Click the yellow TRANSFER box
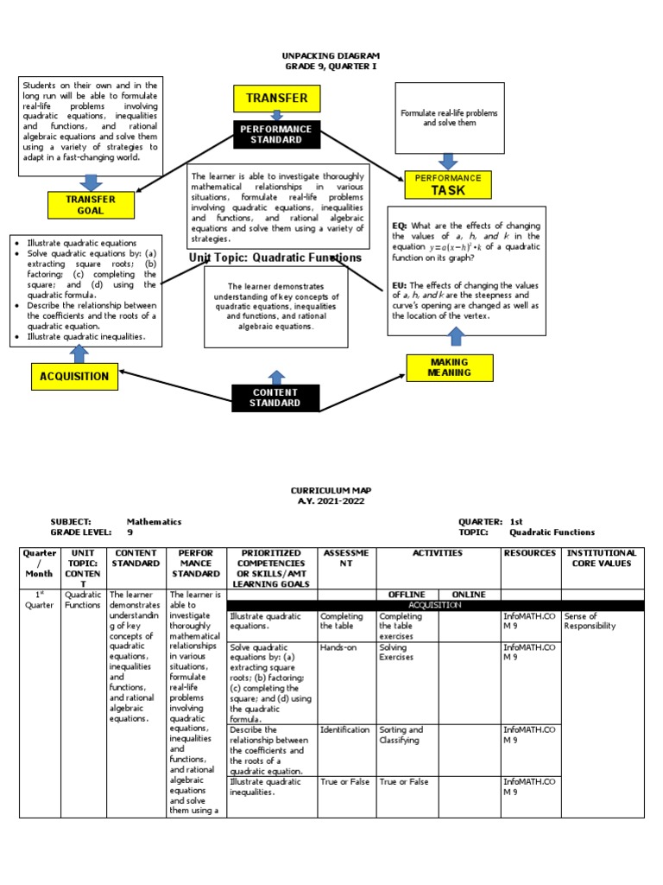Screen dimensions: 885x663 [276, 99]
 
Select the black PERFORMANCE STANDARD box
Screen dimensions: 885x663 [276, 134]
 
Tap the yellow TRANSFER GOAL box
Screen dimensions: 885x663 [91, 205]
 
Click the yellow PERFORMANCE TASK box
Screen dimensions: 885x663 [448, 185]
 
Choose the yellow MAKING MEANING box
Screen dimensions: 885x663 [449, 367]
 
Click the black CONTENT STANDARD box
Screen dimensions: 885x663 [276, 398]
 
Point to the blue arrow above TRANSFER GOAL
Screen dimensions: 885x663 [91, 181]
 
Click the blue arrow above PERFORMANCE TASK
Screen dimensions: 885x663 [448, 161]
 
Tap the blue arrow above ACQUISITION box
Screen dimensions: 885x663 [79, 354]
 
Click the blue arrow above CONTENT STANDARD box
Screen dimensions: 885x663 [276, 377]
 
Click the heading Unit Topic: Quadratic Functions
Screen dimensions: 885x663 [275, 258]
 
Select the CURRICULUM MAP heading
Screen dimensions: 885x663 [331, 489]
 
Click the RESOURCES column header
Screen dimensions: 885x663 [530, 552]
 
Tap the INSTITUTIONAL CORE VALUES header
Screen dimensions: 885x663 [603, 558]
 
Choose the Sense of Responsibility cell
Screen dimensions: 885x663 [591, 621]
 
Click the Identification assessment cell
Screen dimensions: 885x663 [344, 729]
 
